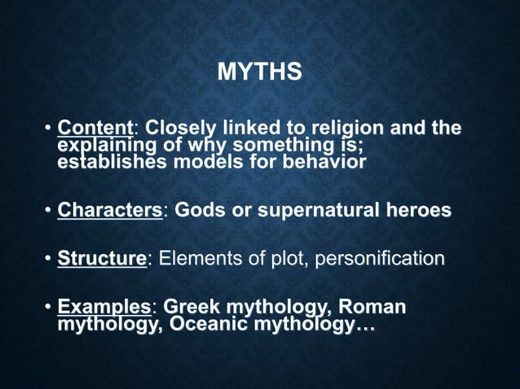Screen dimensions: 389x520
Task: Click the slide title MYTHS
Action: [260, 73]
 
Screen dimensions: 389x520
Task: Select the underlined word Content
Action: [96, 129]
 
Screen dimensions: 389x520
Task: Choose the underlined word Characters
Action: [111, 210]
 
